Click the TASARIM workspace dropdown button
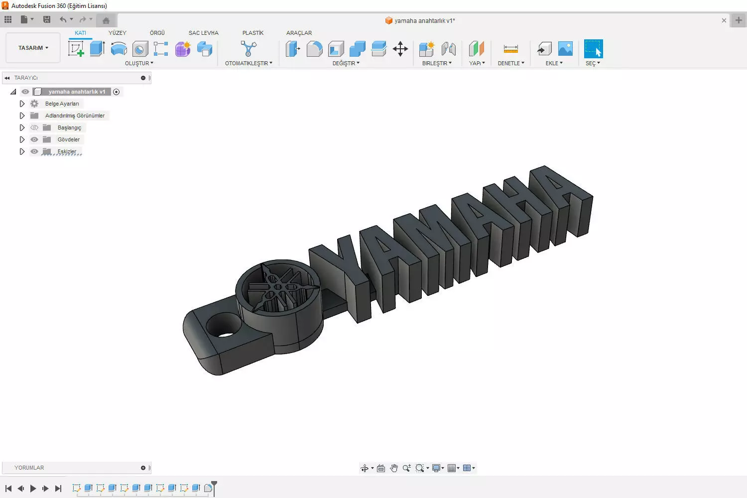[33, 48]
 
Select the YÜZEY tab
[117, 33]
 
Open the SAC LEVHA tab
[203, 33]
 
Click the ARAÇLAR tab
[299, 33]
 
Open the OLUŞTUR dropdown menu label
[139, 63]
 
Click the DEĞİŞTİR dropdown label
[346, 63]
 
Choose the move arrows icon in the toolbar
[400, 49]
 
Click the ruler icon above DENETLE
[510, 49]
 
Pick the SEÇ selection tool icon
[593, 49]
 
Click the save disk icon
[47, 19]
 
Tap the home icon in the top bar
[106, 20]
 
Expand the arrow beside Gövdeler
[22, 139]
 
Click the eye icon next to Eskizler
[34, 151]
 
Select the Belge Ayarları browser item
[62, 104]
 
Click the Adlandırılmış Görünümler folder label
[75, 116]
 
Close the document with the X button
[724, 20]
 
